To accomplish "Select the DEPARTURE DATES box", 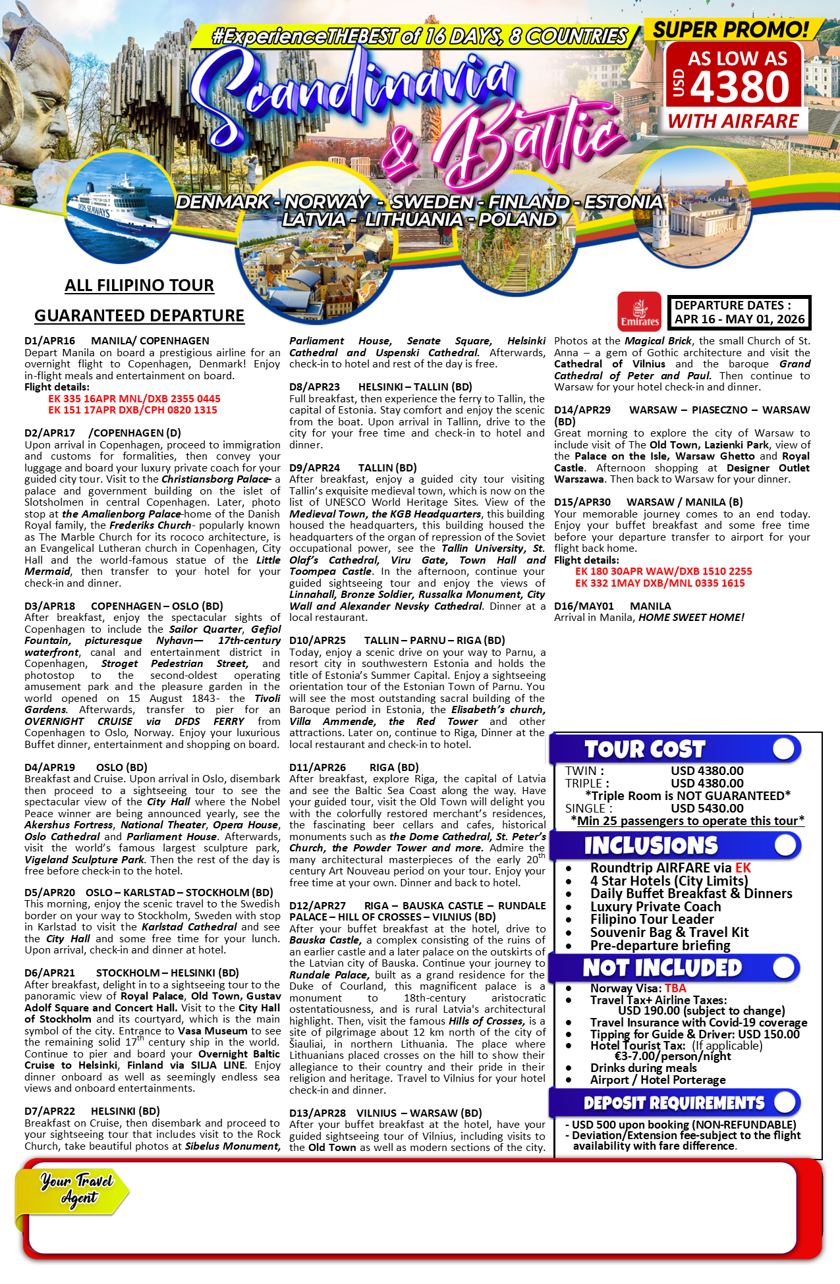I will coord(739,312).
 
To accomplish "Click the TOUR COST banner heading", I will coord(644,749).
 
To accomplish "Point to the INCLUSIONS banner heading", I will coord(650,845).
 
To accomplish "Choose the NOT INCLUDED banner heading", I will coord(662,968).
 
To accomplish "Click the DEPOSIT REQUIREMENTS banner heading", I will coord(673,1103).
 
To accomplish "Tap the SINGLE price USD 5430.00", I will coord(707,808).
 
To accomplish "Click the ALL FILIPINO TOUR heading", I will coord(139,285).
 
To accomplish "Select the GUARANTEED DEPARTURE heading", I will coord(139,315).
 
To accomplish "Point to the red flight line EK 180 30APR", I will coord(663,572).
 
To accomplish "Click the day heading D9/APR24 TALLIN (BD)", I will coord(353,468).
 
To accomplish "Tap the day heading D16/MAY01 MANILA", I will coord(613,606).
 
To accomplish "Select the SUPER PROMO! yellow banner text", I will coord(731,30).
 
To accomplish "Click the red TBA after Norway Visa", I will coord(675,988).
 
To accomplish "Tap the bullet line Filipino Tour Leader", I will coord(652,919).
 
